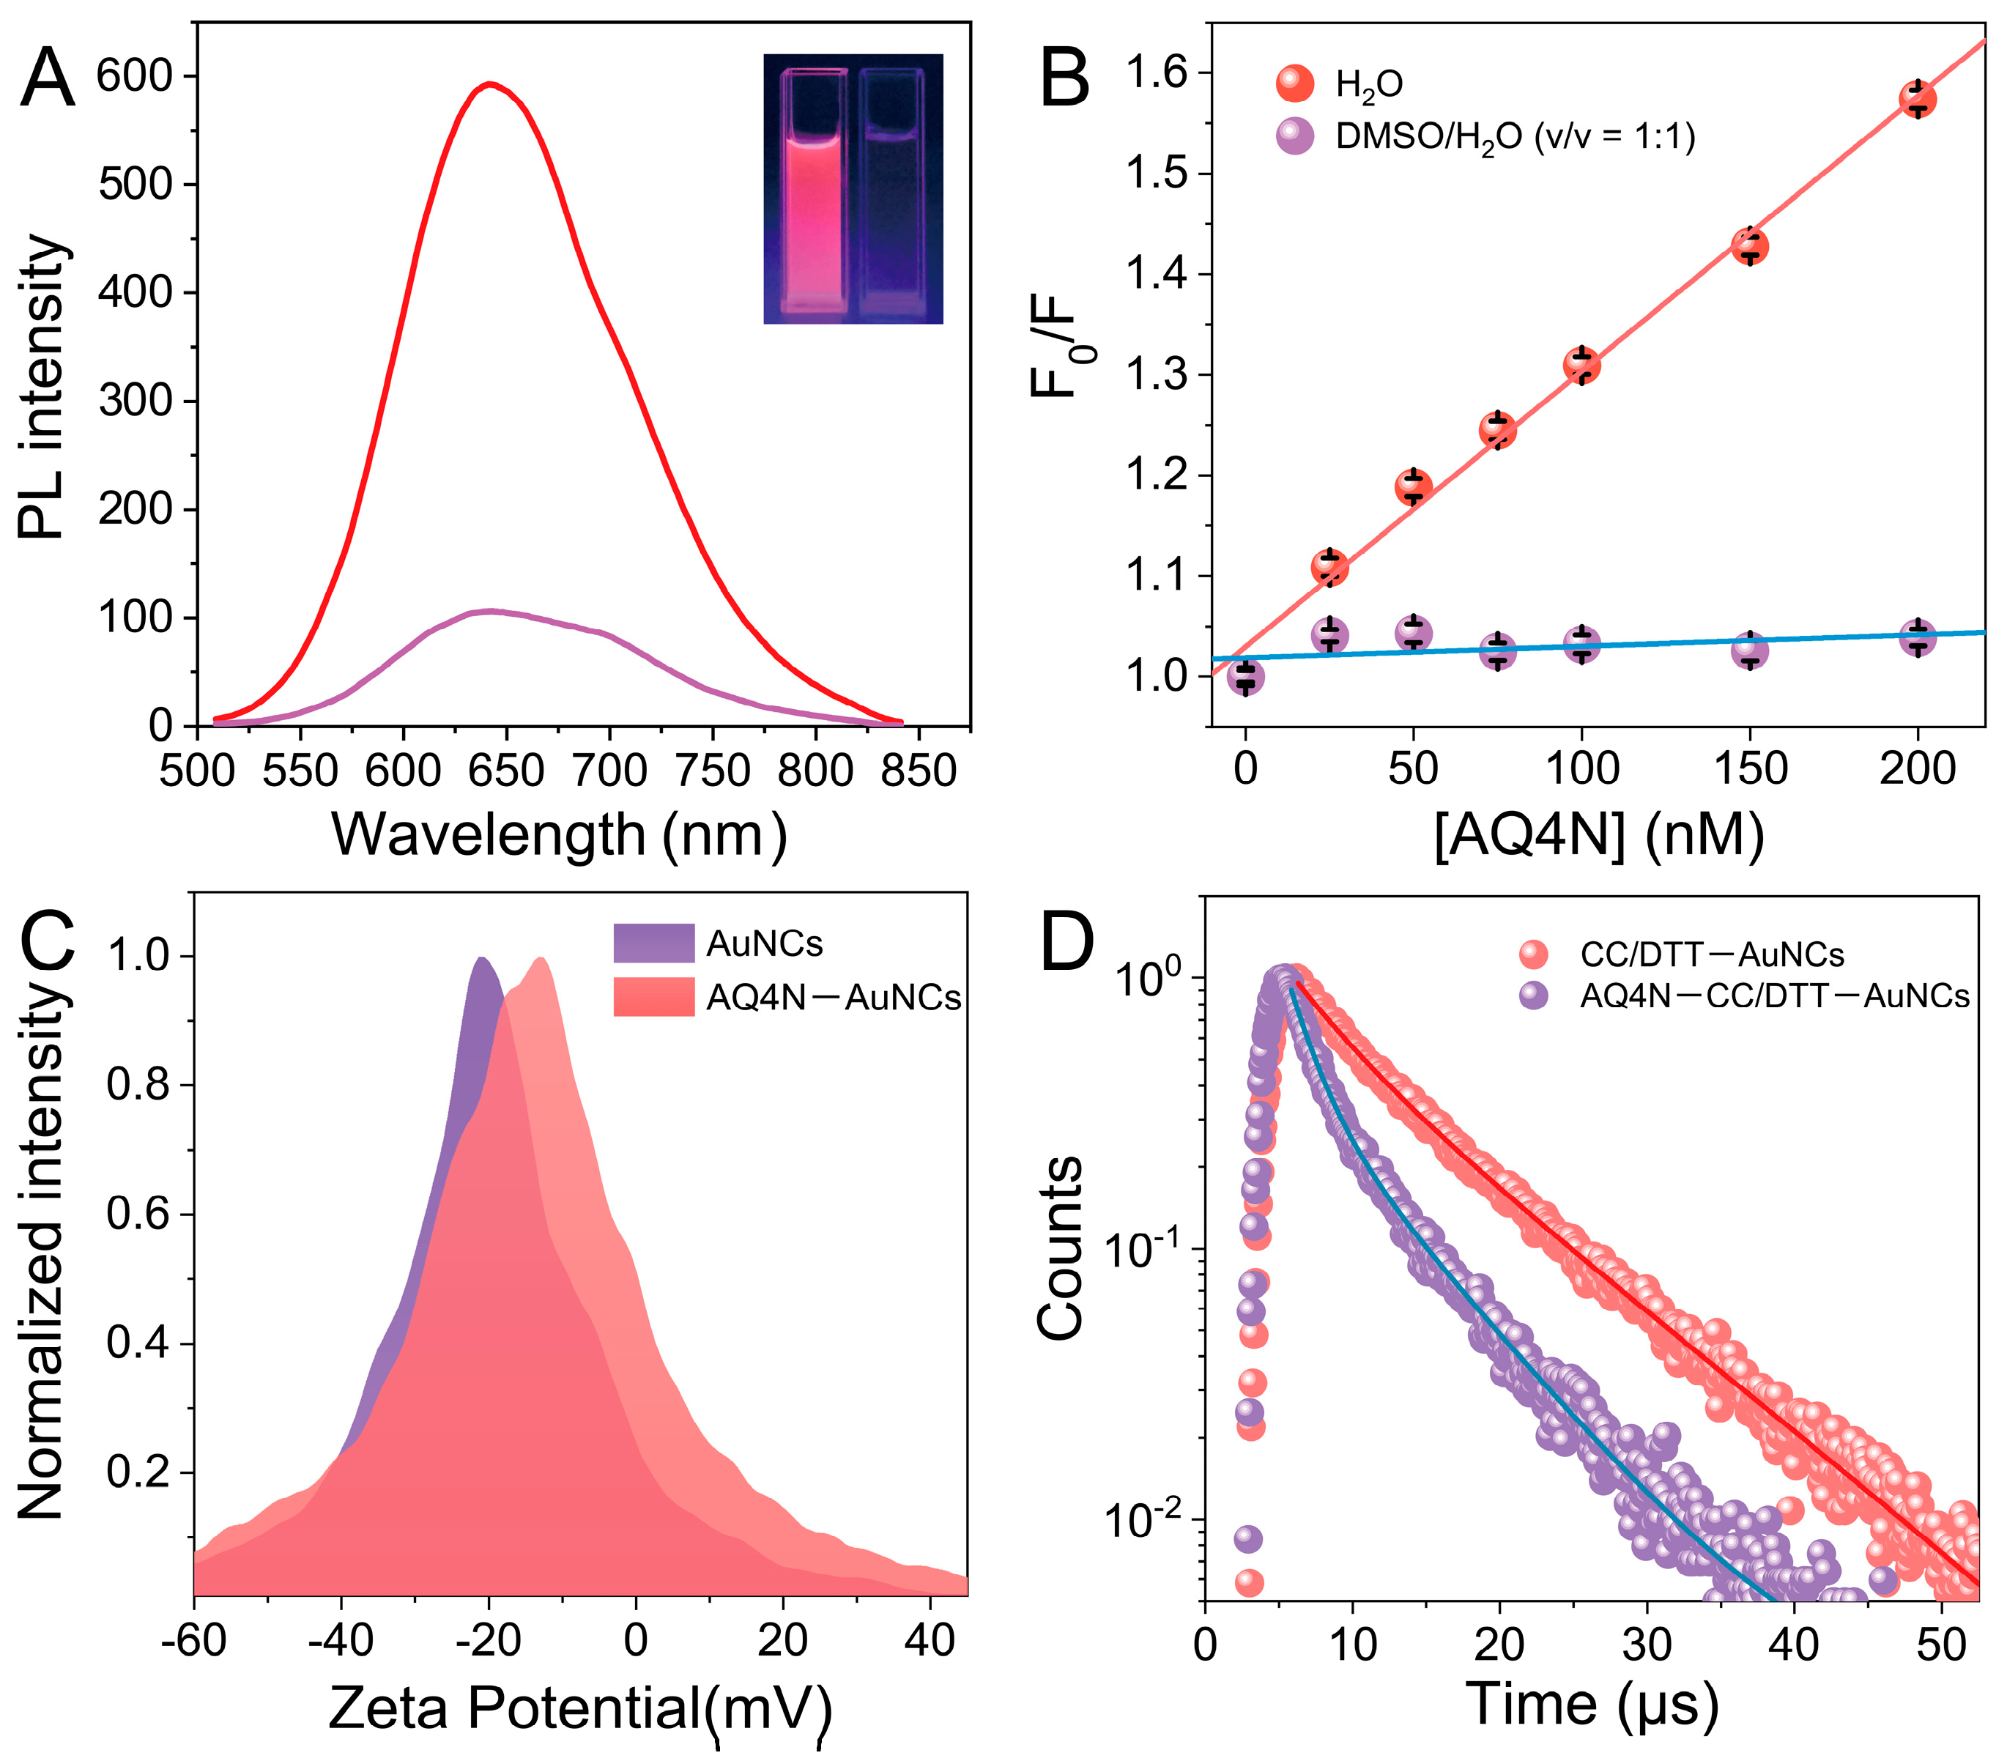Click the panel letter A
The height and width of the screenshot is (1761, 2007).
point(47,78)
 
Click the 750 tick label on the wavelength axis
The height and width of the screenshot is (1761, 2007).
point(712,771)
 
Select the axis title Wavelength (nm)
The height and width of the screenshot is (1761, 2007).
point(557,836)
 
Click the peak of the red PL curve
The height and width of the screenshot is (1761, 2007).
point(489,84)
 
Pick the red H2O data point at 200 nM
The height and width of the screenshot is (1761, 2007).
point(1917,99)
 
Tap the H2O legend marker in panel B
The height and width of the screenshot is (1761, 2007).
point(1295,84)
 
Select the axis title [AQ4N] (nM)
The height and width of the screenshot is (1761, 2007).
point(1598,836)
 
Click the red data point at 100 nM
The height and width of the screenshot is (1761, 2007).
point(1581,366)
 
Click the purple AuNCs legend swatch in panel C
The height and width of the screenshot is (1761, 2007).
point(653,943)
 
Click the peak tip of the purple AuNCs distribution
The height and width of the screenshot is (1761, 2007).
point(482,959)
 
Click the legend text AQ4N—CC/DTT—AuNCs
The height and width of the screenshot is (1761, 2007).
point(1774,997)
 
